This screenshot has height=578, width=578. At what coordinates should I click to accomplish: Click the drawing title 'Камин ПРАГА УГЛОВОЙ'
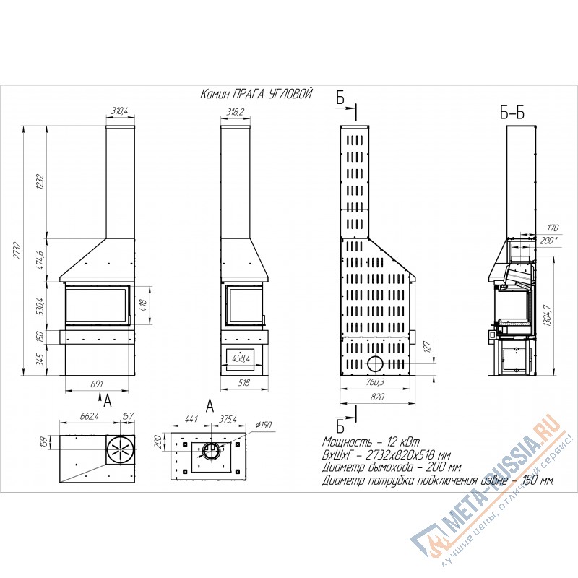(x=256, y=94)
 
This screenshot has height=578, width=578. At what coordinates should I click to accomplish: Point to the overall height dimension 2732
(x=17, y=250)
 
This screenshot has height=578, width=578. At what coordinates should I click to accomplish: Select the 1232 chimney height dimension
(x=40, y=181)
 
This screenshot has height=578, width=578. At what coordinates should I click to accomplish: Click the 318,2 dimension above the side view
(x=235, y=112)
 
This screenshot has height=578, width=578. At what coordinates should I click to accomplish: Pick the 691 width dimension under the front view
(x=97, y=384)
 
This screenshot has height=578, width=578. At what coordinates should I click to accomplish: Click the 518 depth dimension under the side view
(x=243, y=383)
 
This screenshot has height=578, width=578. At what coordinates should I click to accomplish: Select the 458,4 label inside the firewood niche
(x=241, y=358)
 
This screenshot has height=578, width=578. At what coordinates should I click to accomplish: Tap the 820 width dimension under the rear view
(x=376, y=397)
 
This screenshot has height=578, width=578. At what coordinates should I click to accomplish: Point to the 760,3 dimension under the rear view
(x=375, y=382)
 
